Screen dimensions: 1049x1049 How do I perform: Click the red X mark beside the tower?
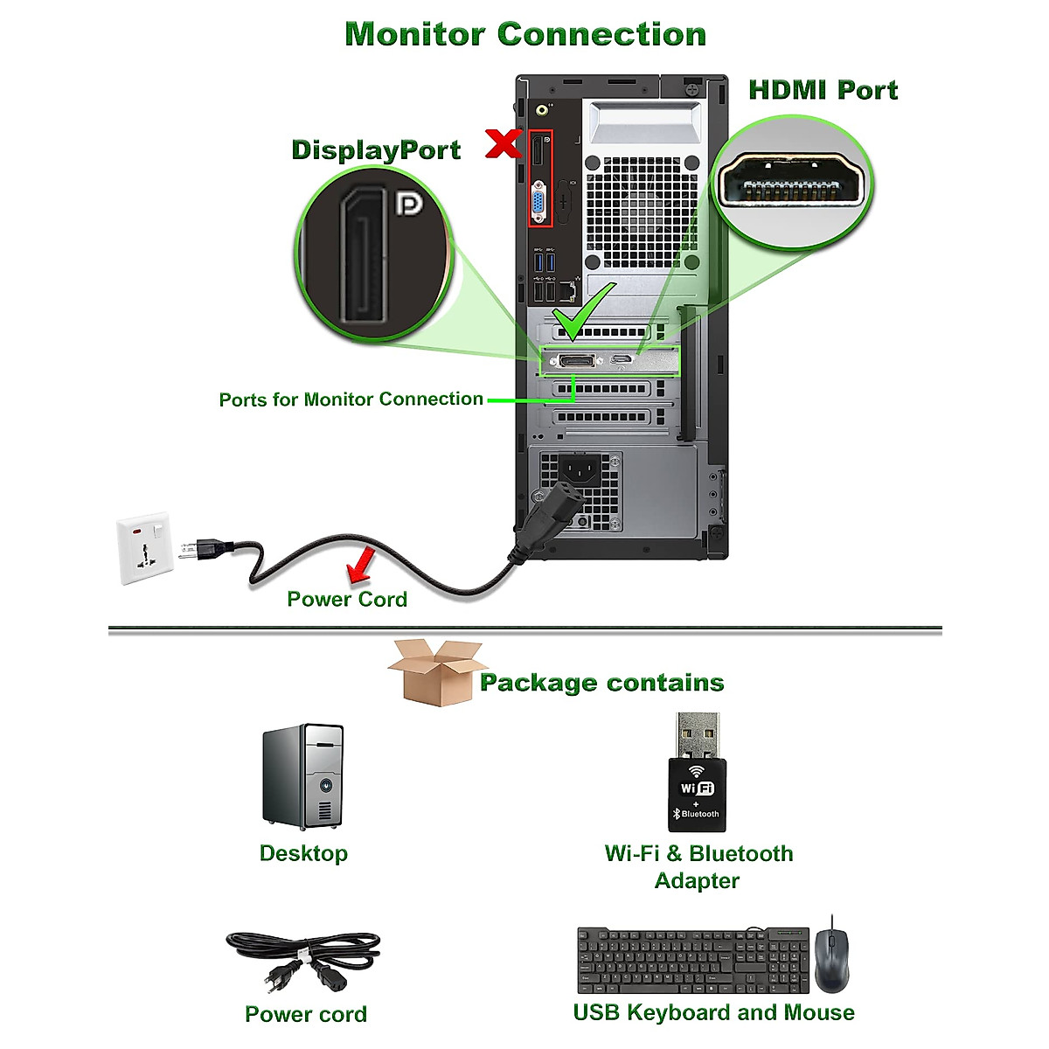504,143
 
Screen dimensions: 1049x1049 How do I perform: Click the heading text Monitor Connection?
525,34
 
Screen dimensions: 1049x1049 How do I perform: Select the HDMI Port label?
823,90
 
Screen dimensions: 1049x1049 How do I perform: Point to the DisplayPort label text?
376,149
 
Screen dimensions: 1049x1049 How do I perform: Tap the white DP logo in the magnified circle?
408,204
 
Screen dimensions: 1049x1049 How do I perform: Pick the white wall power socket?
143,547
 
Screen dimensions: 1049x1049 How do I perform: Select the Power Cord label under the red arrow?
347,599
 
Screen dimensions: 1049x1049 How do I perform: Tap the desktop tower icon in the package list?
303,775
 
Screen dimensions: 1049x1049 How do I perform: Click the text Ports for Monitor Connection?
351,399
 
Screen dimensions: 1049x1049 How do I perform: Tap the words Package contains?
601,683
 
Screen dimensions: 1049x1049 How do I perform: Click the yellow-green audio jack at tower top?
543,110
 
